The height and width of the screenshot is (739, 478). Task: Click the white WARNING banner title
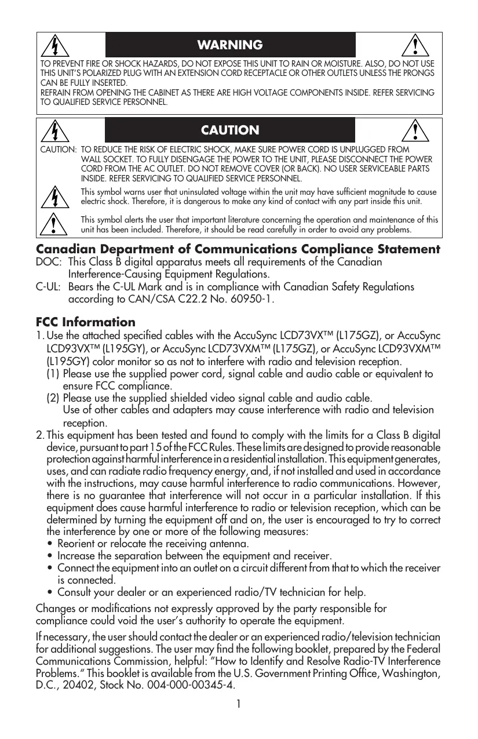230,45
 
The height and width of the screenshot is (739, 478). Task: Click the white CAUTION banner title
230,130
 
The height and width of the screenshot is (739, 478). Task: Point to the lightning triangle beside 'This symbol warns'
54,196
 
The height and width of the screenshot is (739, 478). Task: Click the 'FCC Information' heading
86,322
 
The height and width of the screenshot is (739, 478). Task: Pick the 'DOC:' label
48,263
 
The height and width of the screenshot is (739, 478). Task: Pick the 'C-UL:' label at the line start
49,287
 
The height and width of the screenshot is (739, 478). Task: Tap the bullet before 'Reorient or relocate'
52,545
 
